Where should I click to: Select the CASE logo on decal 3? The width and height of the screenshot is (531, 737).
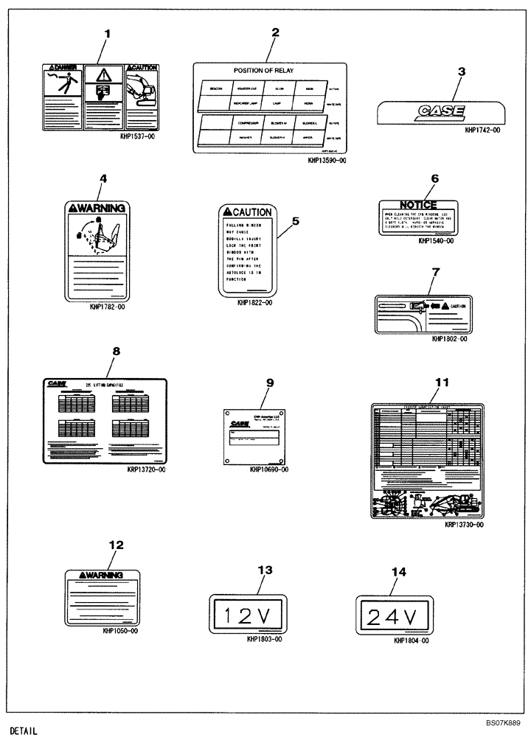click(440, 112)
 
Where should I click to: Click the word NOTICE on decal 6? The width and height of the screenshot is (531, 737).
click(418, 204)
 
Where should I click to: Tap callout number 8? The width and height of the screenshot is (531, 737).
click(115, 352)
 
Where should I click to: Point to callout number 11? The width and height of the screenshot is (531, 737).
click(442, 382)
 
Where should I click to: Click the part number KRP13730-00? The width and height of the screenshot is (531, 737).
click(464, 525)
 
